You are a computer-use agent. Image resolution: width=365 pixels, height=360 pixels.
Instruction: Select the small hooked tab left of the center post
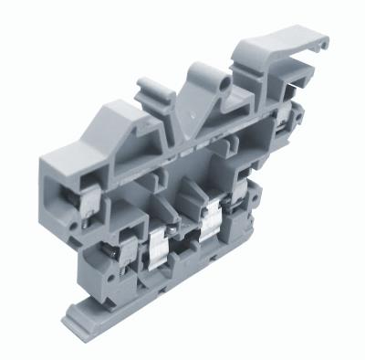[149, 90]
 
